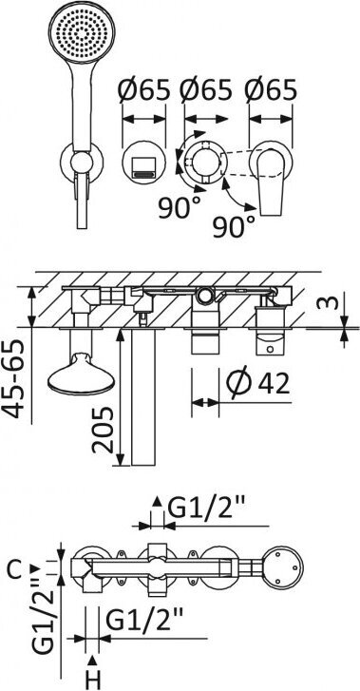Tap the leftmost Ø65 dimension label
pyautogui.click(x=143, y=91)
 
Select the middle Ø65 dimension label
pyautogui.click(x=206, y=91)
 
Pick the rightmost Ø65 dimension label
pyautogui.click(x=271, y=91)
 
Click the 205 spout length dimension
pyautogui.click(x=103, y=431)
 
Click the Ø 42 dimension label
pyautogui.click(x=258, y=382)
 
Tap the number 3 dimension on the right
pyautogui.click(x=332, y=302)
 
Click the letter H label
pyautogui.click(x=93, y=680)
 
